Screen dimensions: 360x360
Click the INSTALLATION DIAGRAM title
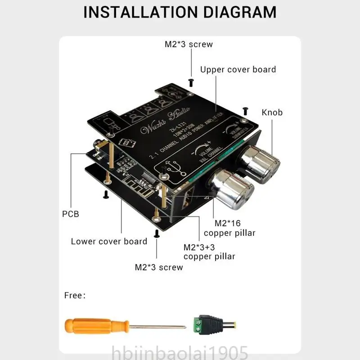pyautogui.click(x=180, y=12)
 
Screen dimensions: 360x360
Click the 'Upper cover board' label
pyautogui.click(x=238, y=69)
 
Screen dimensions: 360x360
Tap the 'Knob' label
pyautogui.click(x=272, y=112)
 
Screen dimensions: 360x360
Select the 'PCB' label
pyautogui.click(x=70, y=214)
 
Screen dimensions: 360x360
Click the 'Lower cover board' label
pyautogui.click(x=109, y=241)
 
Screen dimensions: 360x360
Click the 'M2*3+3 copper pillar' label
pyautogui.click(x=209, y=252)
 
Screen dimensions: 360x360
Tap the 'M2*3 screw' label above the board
pyautogui.click(x=189, y=44)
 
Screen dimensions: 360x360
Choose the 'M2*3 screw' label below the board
pyautogui.click(x=159, y=267)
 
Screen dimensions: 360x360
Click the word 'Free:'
pyautogui.click(x=74, y=296)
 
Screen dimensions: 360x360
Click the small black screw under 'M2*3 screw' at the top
pyautogui.click(x=190, y=81)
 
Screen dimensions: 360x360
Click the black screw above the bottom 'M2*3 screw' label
pyautogui.click(x=157, y=233)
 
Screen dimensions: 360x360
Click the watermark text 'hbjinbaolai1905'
pyautogui.click(x=180, y=351)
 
